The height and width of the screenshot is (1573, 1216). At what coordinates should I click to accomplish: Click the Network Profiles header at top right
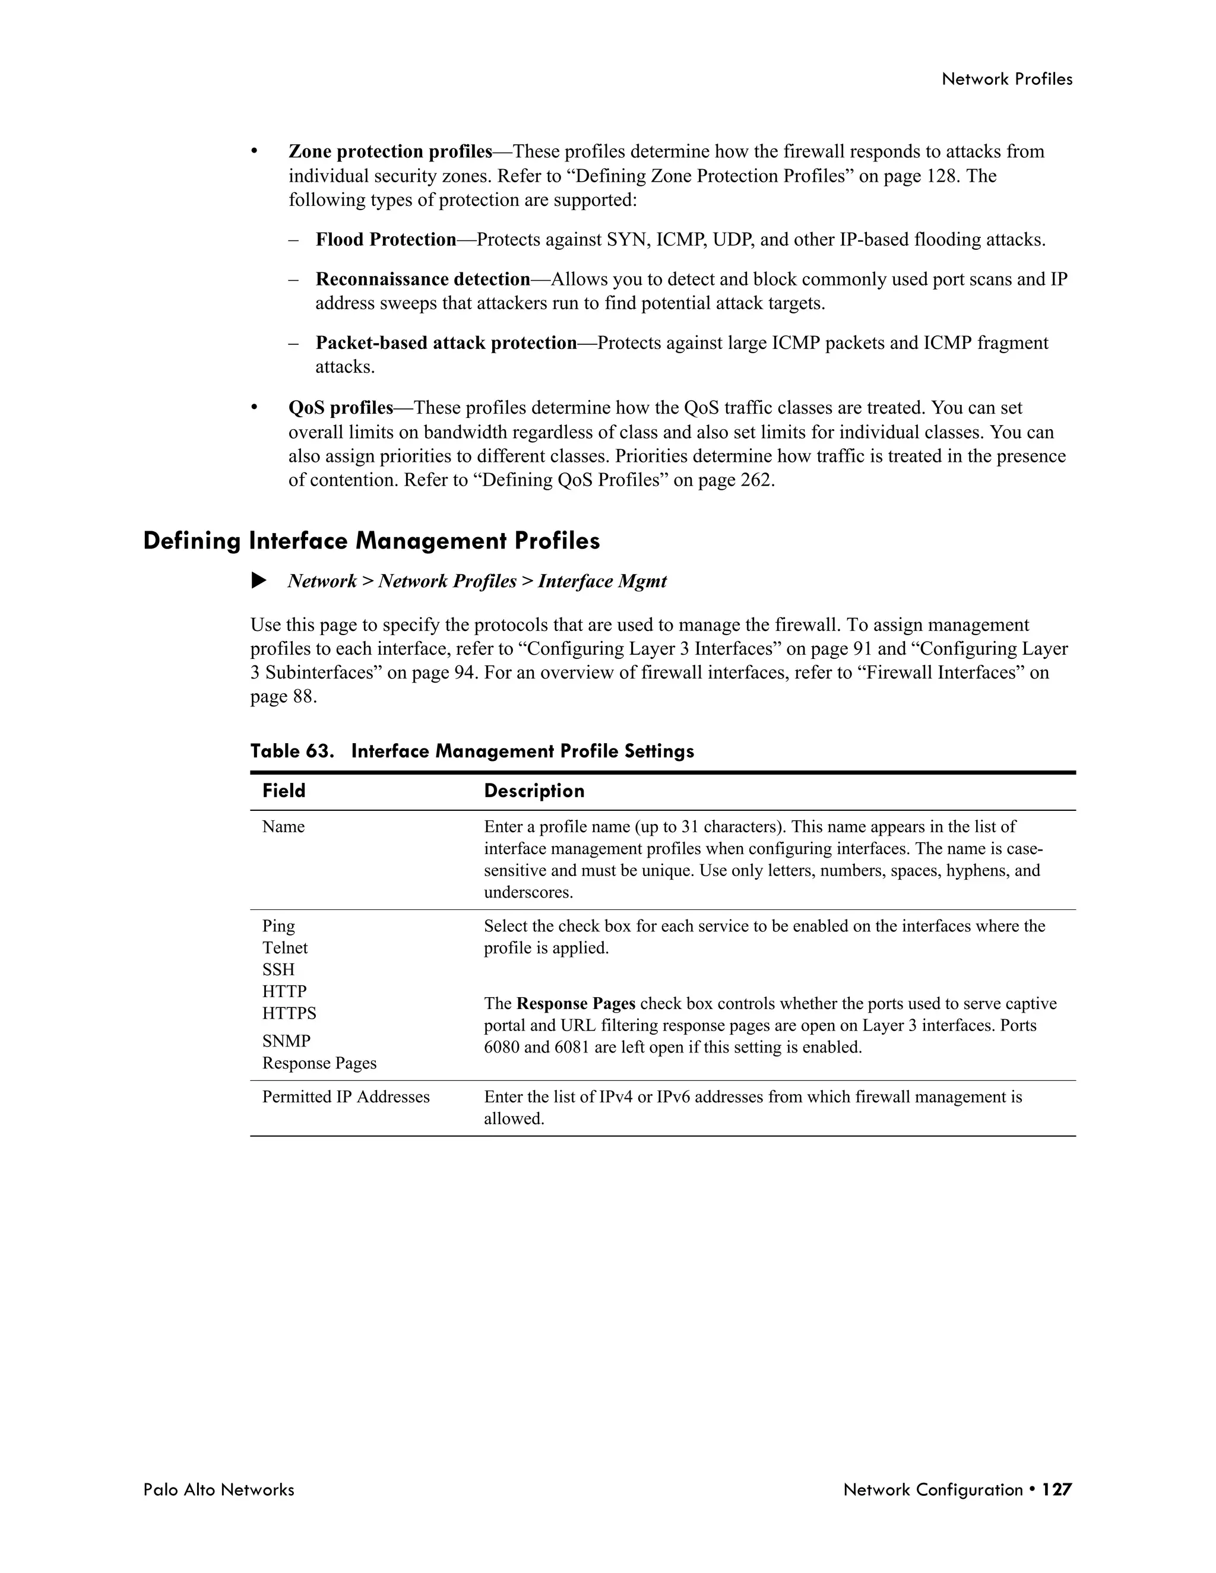(x=1006, y=79)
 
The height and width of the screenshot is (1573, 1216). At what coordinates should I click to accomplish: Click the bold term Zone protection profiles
(x=389, y=152)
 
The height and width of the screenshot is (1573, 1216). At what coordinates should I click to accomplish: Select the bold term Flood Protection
(x=386, y=240)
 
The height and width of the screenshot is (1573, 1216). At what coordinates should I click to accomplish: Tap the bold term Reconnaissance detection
(x=423, y=280)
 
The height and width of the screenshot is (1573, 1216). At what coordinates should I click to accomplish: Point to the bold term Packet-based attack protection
(x=446, y=343)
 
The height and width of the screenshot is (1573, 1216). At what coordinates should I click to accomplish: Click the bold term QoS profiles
(x=341, y=408)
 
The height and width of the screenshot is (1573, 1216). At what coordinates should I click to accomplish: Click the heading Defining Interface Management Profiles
(x=371, y=541)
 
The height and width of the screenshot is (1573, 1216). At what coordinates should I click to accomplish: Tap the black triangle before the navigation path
(x=259, y=581)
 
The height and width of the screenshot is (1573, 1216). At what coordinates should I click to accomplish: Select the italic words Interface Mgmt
(x=602, y=581)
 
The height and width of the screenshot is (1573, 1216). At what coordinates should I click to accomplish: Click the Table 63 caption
(x=472, y=751)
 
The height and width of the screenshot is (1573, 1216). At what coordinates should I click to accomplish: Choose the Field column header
(x=284, y=791)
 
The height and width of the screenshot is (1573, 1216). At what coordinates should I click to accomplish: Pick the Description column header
(x=534, y=791)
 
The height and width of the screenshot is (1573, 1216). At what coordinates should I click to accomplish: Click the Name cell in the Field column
(x=283, y=827)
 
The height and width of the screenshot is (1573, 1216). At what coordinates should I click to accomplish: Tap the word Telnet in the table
(x=284, y=948)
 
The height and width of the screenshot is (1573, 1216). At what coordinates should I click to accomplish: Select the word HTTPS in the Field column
(x=289, y=1013)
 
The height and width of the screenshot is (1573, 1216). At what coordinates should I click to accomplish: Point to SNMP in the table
(x=286, y=1042)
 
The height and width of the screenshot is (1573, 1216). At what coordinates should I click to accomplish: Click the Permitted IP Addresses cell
(x=346, y=1097)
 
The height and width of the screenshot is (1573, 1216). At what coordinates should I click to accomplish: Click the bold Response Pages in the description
(x=575, y=1004)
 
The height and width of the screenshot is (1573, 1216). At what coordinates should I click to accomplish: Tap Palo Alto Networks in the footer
(x=218, y=1489)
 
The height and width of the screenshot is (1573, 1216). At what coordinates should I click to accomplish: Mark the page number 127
(x=1057, y=1489)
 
